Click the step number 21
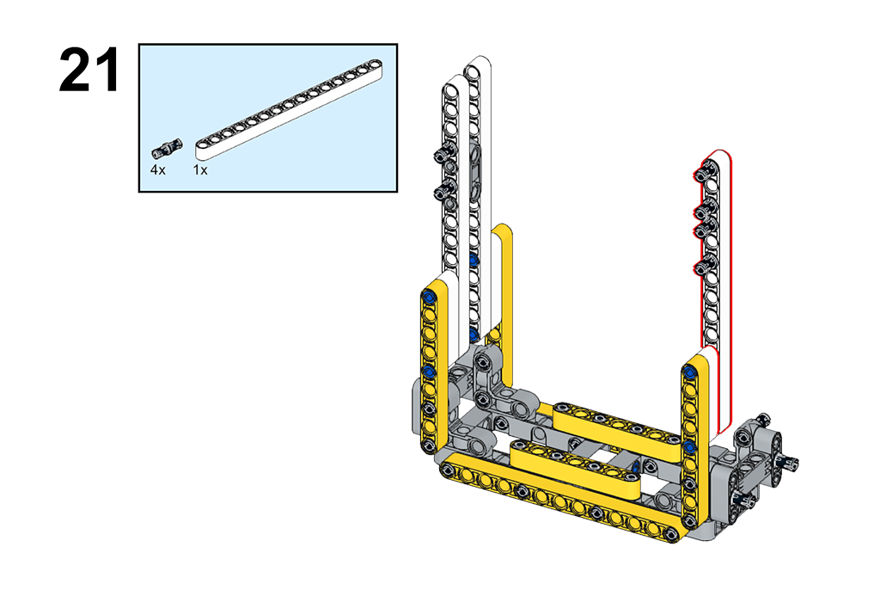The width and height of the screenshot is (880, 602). click(x=89, y=71)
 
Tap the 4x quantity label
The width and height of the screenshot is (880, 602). click(x=158, y=169)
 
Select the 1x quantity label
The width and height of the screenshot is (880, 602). click(x=200, y=169)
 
